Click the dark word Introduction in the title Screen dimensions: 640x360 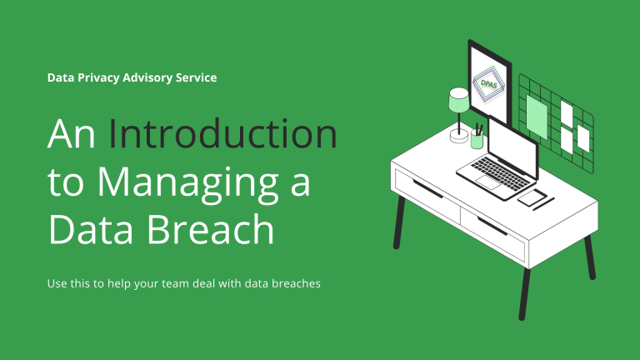click(222, 133)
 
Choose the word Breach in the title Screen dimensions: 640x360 click(210, 228)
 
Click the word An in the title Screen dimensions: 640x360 click(72, 134)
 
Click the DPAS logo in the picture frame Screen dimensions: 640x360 click(488, 84)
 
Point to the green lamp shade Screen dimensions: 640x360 click(459, 100)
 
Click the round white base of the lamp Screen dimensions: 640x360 click(459, 136)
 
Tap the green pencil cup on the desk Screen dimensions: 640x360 click(477, 139)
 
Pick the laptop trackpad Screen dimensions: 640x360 click(488, 182)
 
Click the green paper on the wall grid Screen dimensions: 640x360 click(537, 117)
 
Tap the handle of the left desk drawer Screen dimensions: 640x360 click(427, 188)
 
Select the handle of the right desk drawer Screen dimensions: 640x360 click(492, 226)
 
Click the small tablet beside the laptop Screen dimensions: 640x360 click(532, 197)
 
